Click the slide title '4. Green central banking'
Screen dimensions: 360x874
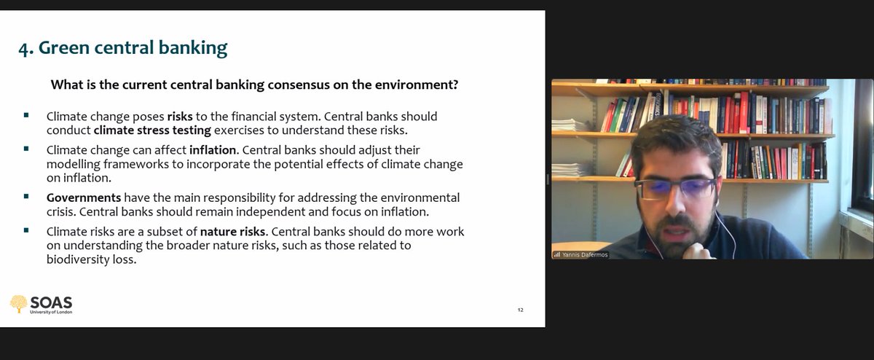[x=123, y=49]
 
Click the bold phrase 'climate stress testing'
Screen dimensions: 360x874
[x=152, y=130]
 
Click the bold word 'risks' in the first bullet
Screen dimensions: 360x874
[x=181, y=117]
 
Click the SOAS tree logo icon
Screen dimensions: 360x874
[x=18, y=303]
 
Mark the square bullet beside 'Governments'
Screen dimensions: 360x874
[x=27, y=197]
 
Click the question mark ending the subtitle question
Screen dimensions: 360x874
[x=454, y=85]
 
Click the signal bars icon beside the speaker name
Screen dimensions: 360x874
[x=557, y=255]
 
